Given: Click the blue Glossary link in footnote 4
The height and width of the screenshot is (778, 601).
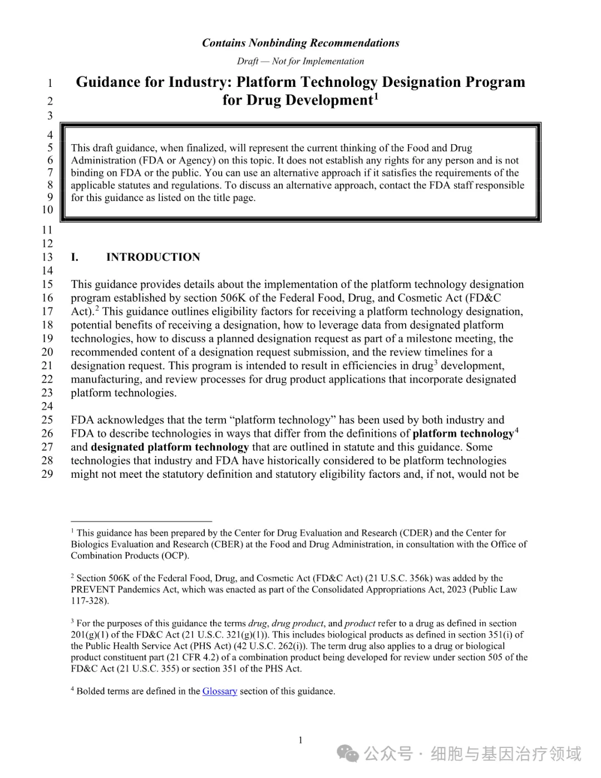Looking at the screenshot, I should pyautogui.click(x=219, y=691).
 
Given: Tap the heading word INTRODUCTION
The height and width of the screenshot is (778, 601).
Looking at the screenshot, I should pyautogui.click(x=153, y=257).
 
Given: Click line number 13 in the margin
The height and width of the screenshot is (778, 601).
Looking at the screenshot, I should pyautogui.click(x=48, y=257).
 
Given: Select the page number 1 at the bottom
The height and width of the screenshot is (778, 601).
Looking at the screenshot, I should pyautogui.click(x=300, y=740).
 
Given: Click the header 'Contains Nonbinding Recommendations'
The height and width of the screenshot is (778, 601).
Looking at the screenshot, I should pyautogui.click(x=300, y=43).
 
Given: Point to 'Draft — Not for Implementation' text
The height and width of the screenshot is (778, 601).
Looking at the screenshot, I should pyautogui.click(x=300, y=61).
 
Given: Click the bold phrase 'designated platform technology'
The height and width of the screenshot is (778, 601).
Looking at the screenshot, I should pyautogui.click(x=170, y=447).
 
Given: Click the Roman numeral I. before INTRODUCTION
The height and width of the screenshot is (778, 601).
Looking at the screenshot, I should pyautogui.click(x=75, y=257).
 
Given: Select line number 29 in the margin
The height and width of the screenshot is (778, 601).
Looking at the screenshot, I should pyautogui.click(x=48, y=474).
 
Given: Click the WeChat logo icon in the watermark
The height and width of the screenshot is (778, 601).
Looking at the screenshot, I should pyautogui.click(x=349, y=754).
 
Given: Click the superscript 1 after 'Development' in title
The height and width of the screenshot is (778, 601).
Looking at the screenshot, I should pyautogui.click(x=376, y=97).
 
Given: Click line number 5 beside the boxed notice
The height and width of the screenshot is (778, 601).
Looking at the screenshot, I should pyautogui.click(x=50, y=148).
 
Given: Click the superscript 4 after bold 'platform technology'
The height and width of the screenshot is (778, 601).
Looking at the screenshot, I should pyautogui.click(x=517, y=430).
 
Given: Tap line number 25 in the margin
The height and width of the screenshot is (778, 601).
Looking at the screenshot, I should pyautogui.click(x=48, y=420).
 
